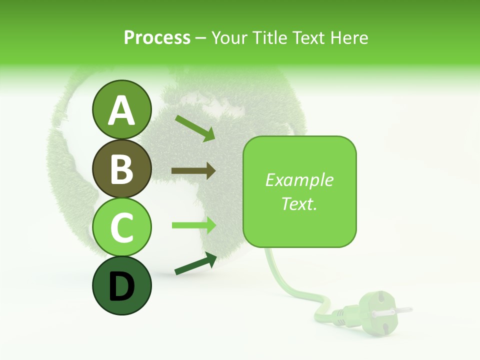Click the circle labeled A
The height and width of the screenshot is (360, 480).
pyautogui.click(x=121, y=110)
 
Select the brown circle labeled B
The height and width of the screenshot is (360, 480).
pyautogui.click(x=121, y=168)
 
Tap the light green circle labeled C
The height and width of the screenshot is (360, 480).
pyautogui.click(x=121, y=227)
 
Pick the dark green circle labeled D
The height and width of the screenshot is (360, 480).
pyautogui.click(x=121, y=285)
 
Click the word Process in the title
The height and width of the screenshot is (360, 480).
pyautogui.click(x=157, y=38)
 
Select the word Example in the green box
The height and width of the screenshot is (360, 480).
pyautogui.click(x=299, y=180)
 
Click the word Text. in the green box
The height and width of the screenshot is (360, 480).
pyautogui.click(x=299, y=203)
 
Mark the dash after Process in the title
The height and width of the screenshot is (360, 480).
pyautogui.click(x=201, y=38)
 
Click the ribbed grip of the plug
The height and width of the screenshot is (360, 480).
pyautogui.click(x=341, y=315)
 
